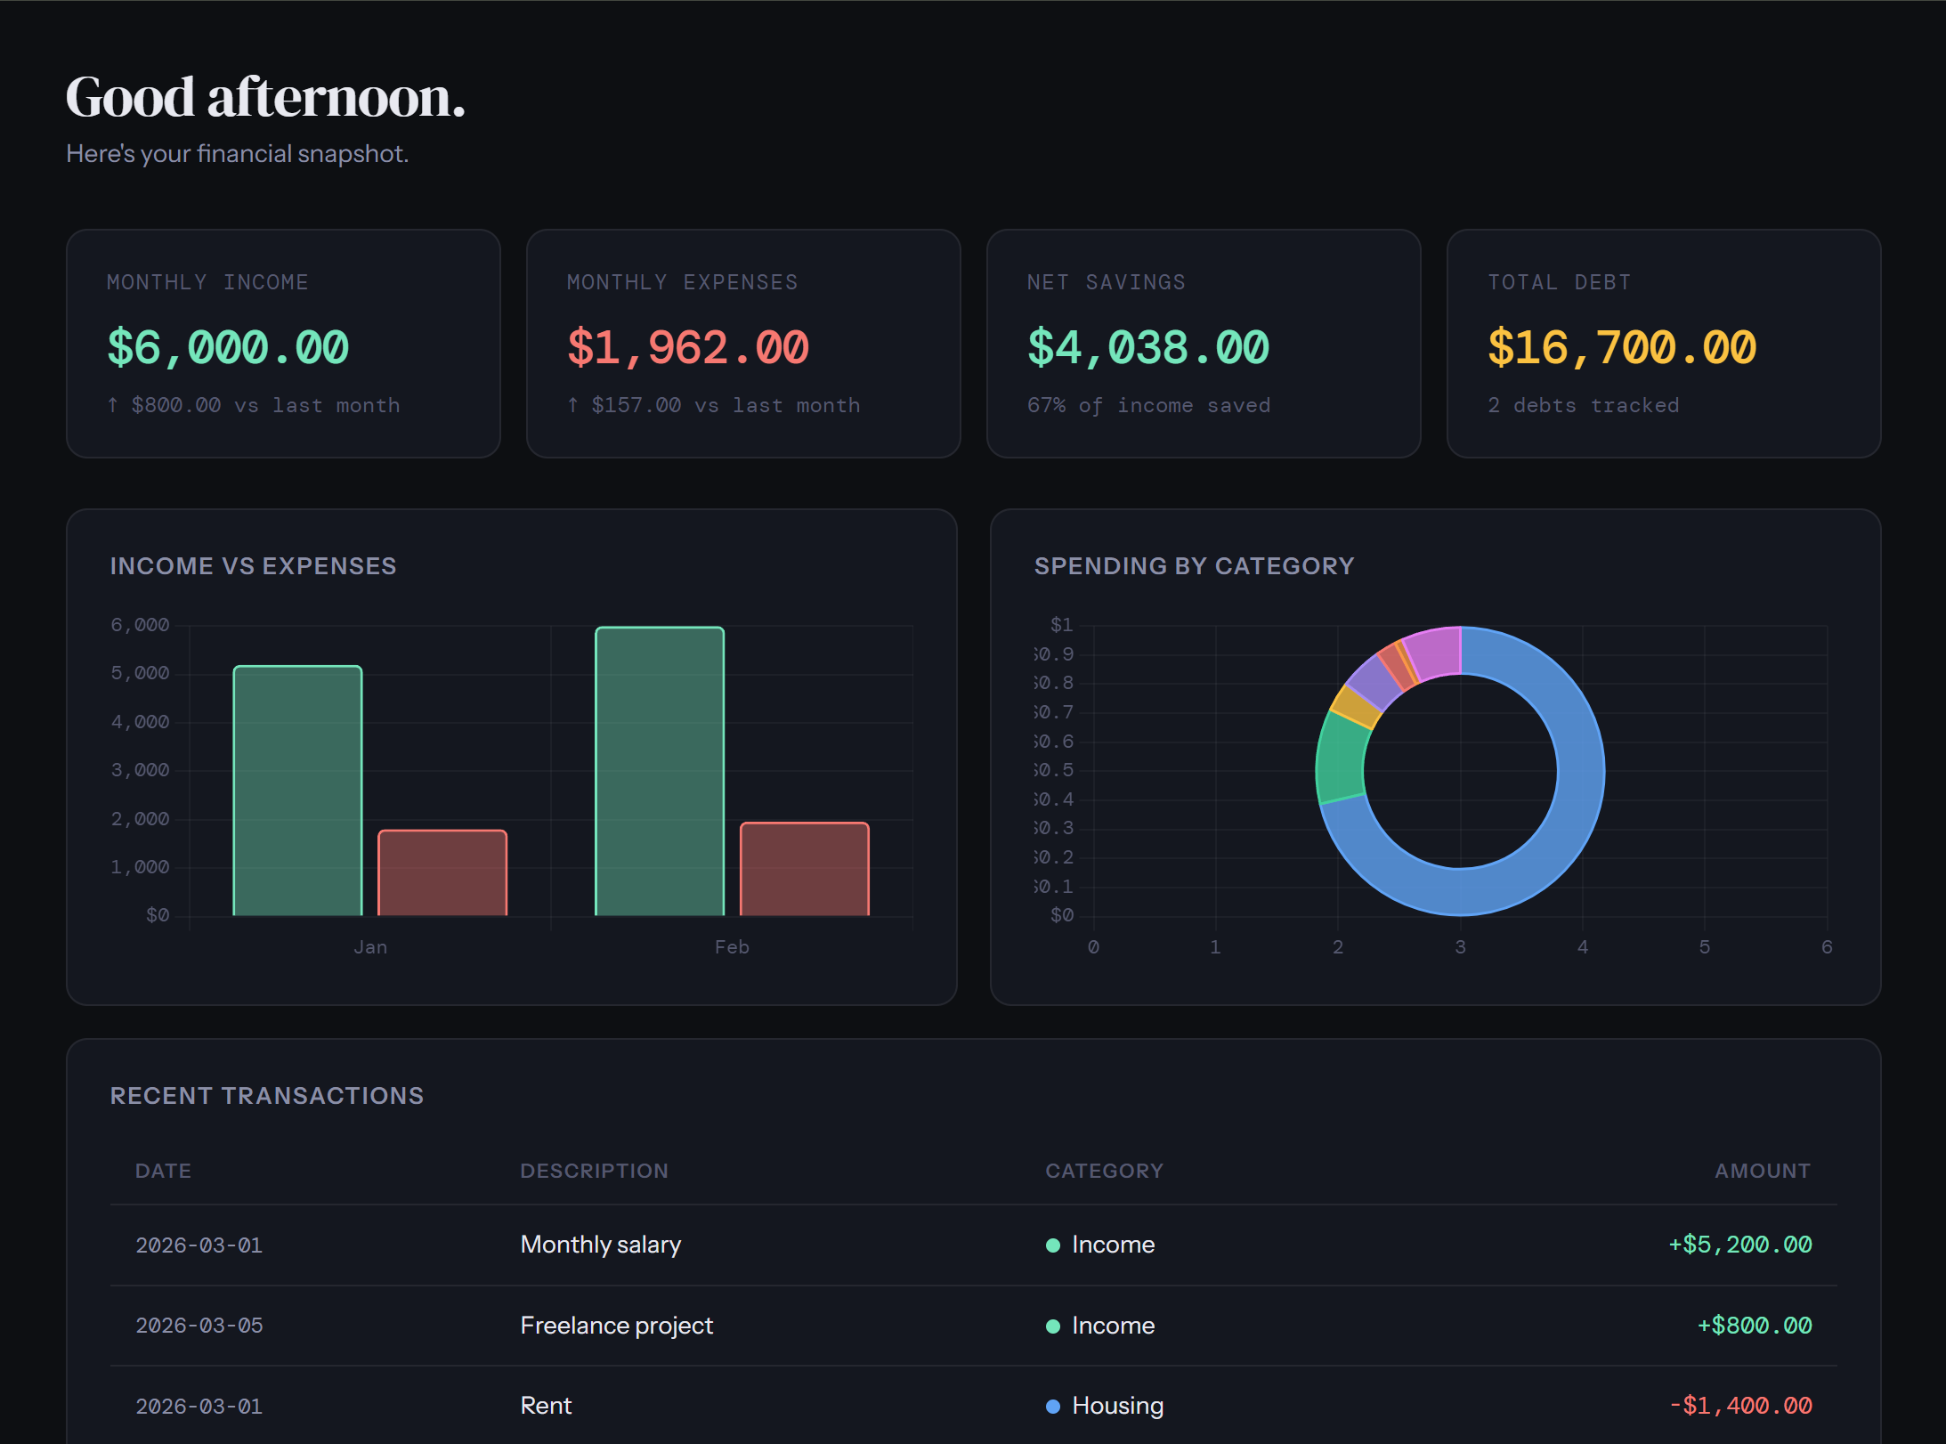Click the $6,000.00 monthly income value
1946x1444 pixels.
(x=228, y=347)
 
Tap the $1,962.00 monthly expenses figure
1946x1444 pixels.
(x=687, y=347)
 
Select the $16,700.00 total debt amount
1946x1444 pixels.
(x=1621, y=347)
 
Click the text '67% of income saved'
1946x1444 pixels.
(x=1148, y=406)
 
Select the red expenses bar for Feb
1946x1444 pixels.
(x=804, y=869)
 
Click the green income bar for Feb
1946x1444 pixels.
(x=659, y=771)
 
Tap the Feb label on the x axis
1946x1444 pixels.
(x=732, y=947)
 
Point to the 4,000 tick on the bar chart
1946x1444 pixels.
(x=140, y=722)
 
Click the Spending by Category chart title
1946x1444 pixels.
(x=1194, y=566)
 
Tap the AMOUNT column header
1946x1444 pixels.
(x=1762, y=1171)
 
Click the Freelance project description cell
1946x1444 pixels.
(x=616, y=1326)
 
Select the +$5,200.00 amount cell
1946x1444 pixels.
(x=1739, y=1245)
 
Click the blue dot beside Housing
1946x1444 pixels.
(x=1053, y=1407)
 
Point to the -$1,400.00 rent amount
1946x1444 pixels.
(x=1739, y=1407)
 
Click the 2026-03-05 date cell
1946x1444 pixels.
(x=199, y=1326)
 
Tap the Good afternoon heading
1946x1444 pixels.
(x=265, y=98)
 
